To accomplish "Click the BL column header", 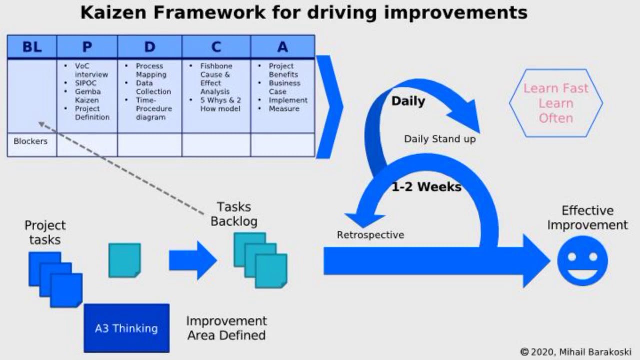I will click(x=32, y=47).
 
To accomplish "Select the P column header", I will click(x=87, y=47).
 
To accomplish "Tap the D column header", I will click(x=149, y=47).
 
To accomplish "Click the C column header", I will click(x=216, y=47).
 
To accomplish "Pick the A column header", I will click(x=282, y=47).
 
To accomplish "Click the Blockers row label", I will click(x=30, y=141).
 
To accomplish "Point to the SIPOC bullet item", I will click(x=86, y=83).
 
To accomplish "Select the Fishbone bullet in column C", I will click(x=216, y=66).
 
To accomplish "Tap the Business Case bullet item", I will click(x=284, y=87).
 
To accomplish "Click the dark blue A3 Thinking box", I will click(x=126, y=328).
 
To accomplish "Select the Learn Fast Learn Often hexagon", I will click(x=555, y=103).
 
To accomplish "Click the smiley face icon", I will click(x=582, y=261).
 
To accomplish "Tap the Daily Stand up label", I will click(x=439, y=139).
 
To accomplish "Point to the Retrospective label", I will click(x=370, y=235).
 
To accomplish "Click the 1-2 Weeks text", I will click(x=426, y=187).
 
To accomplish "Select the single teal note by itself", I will click(x=124, y=260).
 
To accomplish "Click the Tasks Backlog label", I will click(x=233, y=214).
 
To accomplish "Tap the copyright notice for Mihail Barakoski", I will click(x=575, y=351).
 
